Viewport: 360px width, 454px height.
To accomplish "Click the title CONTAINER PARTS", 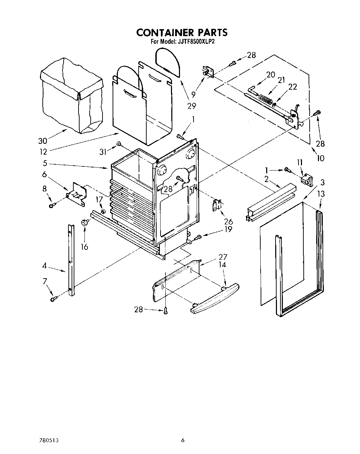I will point(182,32).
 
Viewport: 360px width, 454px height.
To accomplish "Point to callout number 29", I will point(191,106).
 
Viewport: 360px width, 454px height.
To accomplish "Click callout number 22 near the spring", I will point(293,87).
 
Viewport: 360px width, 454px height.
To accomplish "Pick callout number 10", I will point(320,158).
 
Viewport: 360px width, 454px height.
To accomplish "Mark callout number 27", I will point(223,257).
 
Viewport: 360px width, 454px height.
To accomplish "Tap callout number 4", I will point(44,266).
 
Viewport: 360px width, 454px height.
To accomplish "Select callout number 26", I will point(228,221).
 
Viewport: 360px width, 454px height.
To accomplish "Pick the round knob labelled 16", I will point(84,223).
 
